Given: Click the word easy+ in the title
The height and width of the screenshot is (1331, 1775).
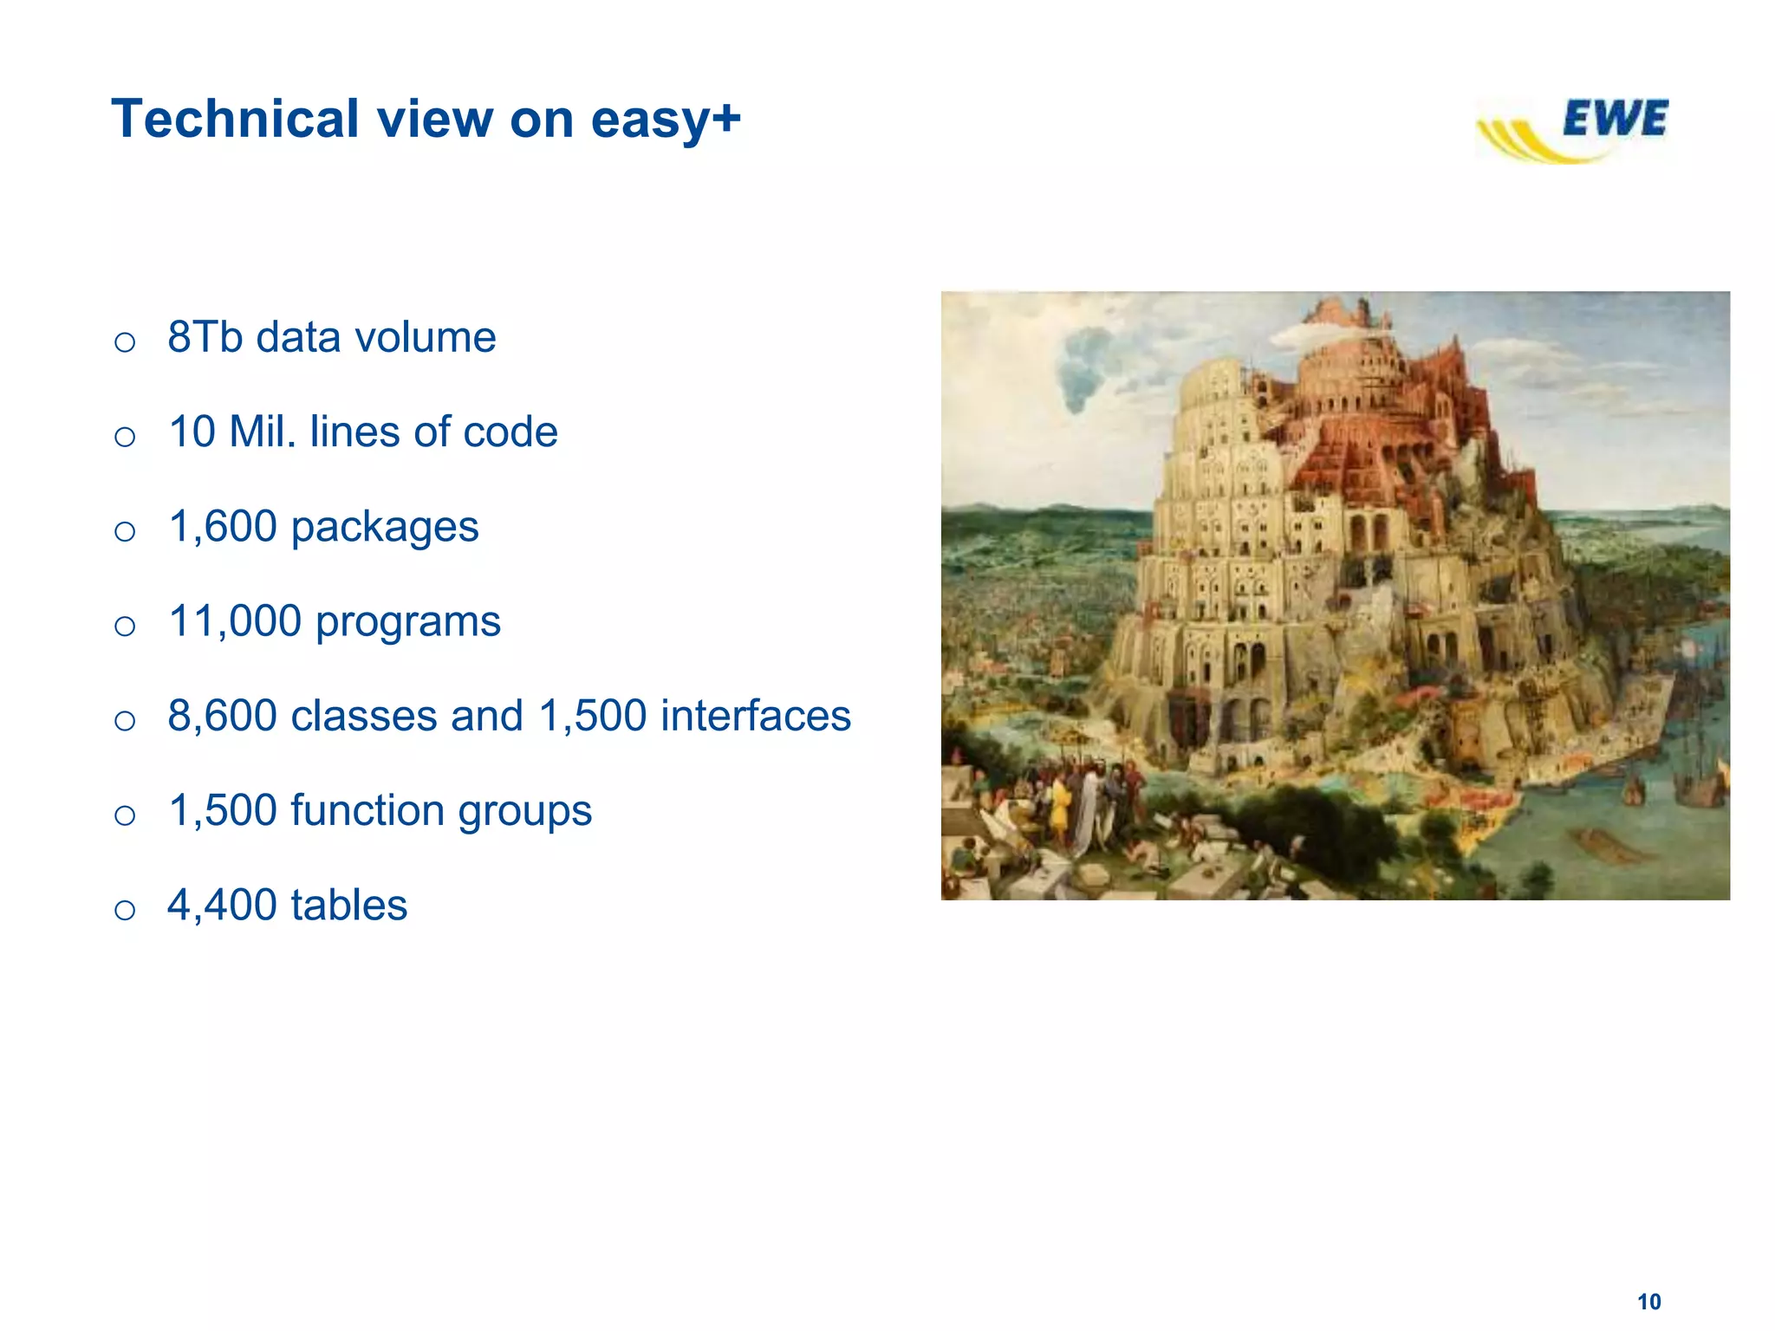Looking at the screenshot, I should click(x=665, y=120).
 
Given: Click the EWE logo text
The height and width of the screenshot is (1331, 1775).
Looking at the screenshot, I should click(x=1615, y=119).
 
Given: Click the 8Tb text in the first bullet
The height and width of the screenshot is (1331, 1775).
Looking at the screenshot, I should click(x=205, y=337).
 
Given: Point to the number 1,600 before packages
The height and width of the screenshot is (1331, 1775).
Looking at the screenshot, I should click(x=223, y=527).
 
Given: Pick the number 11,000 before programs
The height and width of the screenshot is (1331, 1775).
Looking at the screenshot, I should click(x=234, y=621).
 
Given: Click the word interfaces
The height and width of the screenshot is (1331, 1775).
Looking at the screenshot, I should click(x=756, y=716).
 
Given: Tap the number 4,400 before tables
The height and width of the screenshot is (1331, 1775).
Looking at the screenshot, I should click(x=222, y=906).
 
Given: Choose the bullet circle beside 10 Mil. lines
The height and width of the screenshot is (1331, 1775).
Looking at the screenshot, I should click(x=125, y=436).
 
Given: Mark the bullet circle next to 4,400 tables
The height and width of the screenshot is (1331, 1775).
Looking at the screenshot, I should click(x=125, y=910).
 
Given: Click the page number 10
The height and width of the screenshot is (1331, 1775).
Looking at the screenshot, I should click(x=1648, y=1302).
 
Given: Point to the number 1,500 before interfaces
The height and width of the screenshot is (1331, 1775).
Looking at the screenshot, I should click(x=593, y=716).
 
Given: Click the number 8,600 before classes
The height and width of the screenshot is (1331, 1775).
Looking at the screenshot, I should click(x=222, y=716).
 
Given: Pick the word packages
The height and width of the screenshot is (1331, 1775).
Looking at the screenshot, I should click(x=384, y=528).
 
